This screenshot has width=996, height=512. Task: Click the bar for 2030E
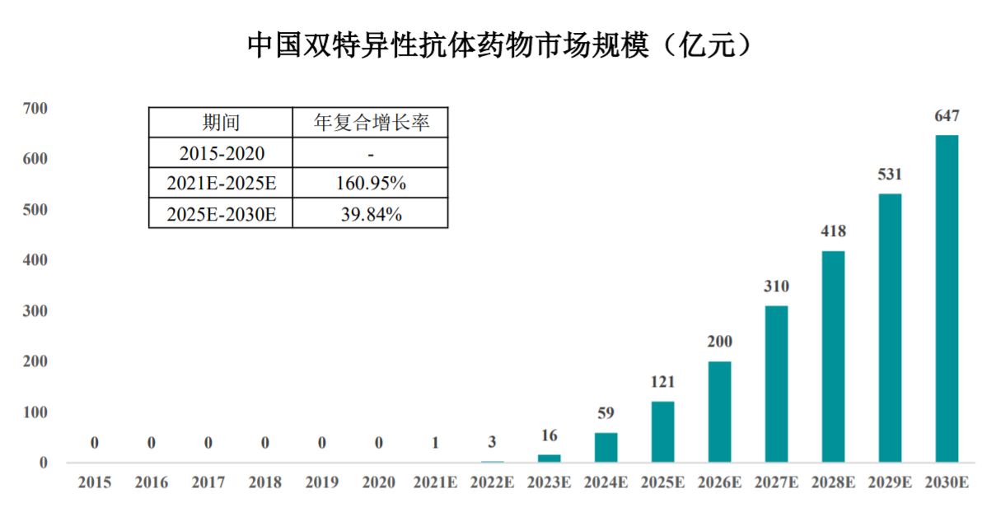pyautogui.click(x=947, y=298)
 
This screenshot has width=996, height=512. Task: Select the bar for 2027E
pyautogui.click(x=776, y=384)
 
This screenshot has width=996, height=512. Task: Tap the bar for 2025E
pyautogui.click(x=662, y=431)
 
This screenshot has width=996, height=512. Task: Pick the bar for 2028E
pyautogui.click(x=833, y=356)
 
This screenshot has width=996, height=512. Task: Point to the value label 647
pyautogui.click(x=947, y=116)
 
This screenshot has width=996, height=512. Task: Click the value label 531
pyautogui.click(x=890, y=175)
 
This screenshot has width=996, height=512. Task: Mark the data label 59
pyautogui.click(x=606, y=413)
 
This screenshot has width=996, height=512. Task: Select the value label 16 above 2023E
pyautogui.click(x=549, y=435)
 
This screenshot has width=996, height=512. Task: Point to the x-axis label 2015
pyautogui.click(x=94, y=483)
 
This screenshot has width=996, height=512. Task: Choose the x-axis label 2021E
pyautogui.click(x=435, y=483)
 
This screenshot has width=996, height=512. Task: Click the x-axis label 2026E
pyautogui.click(x=719, y=483)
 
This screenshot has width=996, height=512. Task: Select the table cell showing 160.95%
pyautogui.click(x=371, y=183)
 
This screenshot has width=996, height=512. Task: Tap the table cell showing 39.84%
pyautogui.click(x=371, y=214)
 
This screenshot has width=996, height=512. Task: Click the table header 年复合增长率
pyautogui.click(x=371, y=123)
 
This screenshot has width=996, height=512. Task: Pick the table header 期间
pyautogui.click(x=221, y=123)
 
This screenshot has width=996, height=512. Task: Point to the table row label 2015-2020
pyautogui.click(x=221, y=153)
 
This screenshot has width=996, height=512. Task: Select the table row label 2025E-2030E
pyautogui.click(x=221, y=214)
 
